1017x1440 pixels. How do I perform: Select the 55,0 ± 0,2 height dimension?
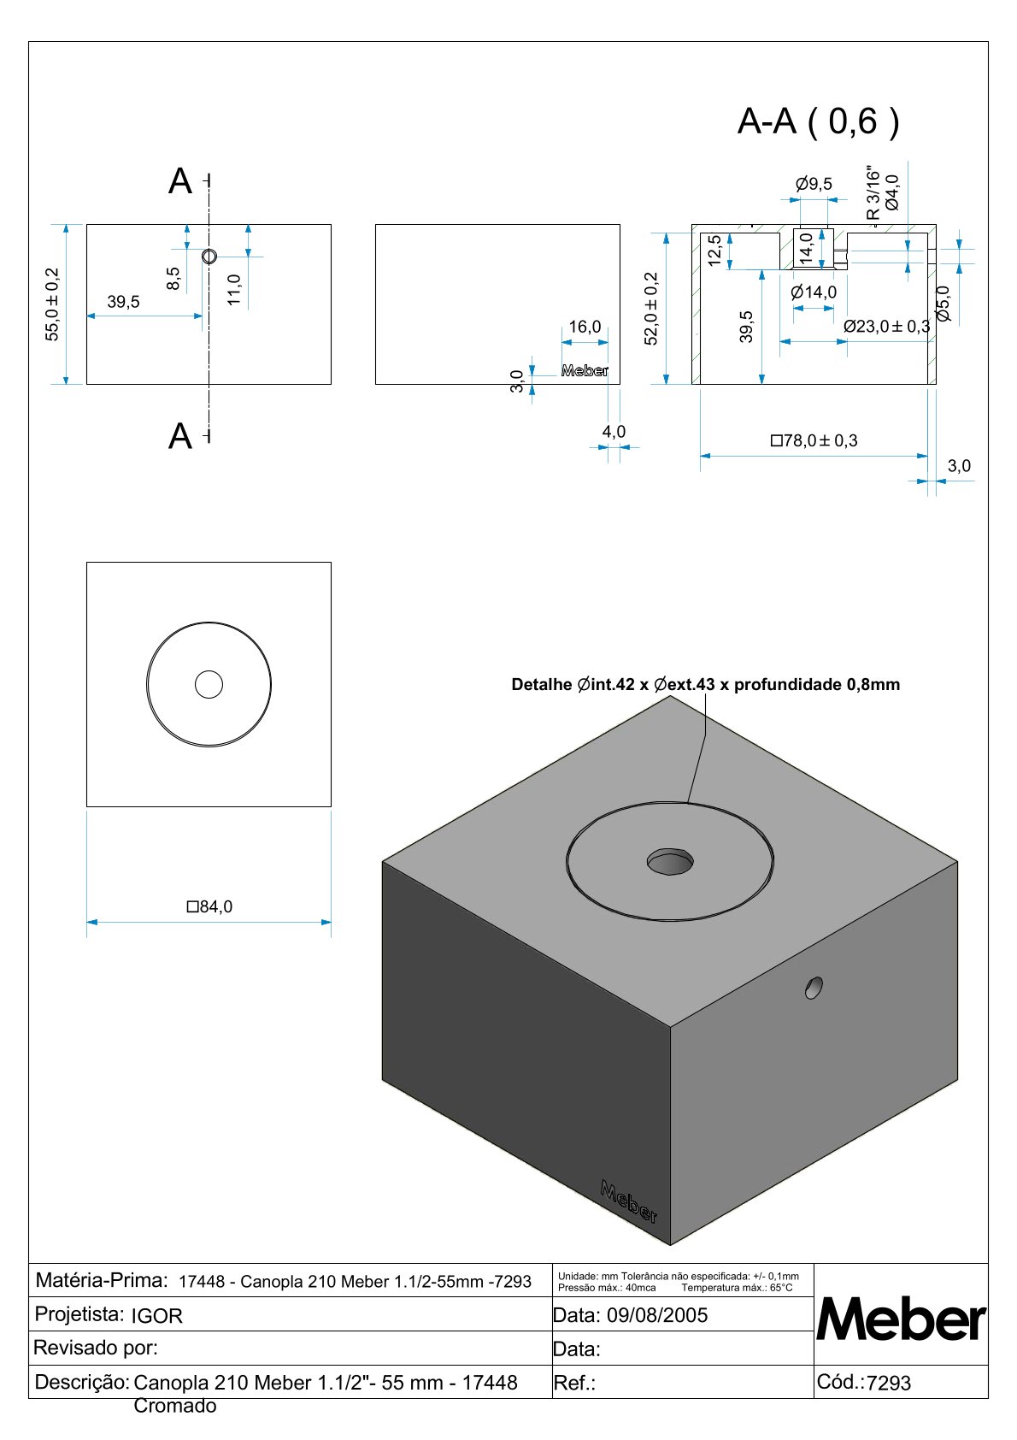click(52, 304)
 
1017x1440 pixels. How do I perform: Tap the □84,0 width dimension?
click(209, 906)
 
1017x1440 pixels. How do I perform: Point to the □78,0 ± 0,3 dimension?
click(814, 440)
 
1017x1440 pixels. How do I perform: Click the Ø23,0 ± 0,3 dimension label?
click(886, 326)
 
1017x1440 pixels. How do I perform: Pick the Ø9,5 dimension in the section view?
click(813, 184)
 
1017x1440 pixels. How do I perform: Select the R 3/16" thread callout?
click(873, 193)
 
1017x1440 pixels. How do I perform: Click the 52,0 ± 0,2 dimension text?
click(651, 309)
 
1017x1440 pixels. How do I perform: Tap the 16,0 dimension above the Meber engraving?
click(585, 327)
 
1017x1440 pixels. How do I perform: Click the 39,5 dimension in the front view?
click(123, 302)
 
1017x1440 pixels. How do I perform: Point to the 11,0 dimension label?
click(234, 290)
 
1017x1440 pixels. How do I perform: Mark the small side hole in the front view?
click(209, 257)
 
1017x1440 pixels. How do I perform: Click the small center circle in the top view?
click(209, 684)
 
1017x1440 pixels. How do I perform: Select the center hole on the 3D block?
click(670, 861)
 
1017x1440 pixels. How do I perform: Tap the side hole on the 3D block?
click(814, 988)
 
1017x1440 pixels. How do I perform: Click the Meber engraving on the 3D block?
click(629, 1201)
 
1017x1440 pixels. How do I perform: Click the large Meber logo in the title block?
click(901, 1319)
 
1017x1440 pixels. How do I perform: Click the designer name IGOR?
click(156, 1316)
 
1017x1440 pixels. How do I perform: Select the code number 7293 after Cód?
click(889, 1383)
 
